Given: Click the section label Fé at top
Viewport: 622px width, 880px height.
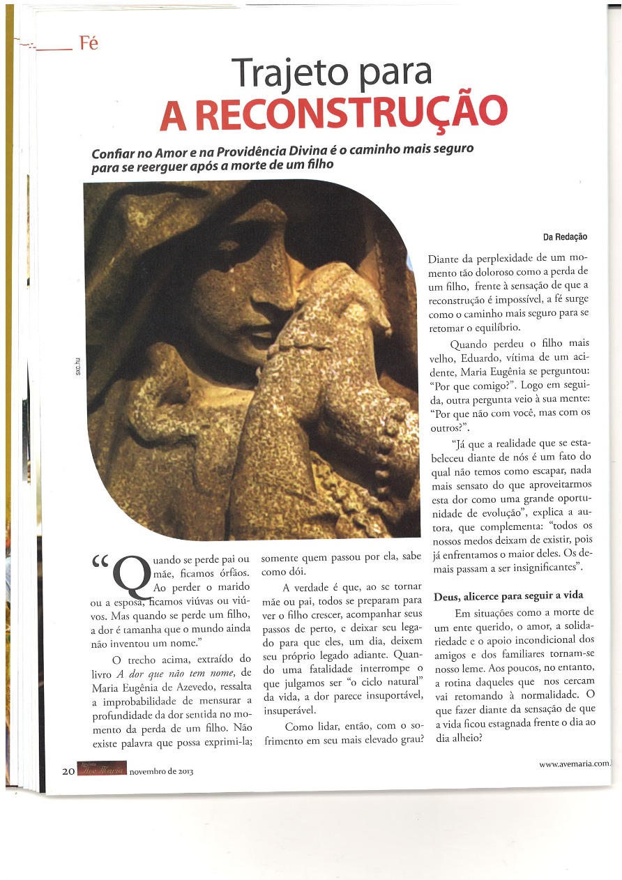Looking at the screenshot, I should point(89,43).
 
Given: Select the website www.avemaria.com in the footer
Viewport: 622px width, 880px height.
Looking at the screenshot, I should point(574,764).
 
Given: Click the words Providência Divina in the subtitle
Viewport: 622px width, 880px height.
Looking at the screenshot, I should point(274,151).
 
